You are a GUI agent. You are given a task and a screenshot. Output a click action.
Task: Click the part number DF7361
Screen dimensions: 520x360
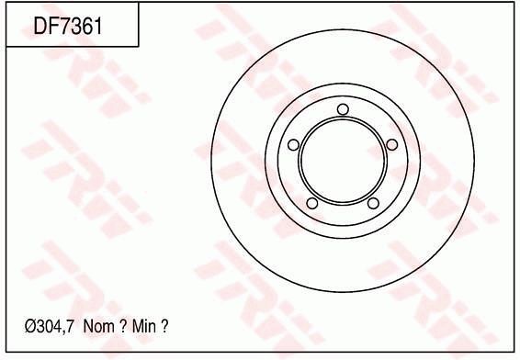click(x=68, y=26)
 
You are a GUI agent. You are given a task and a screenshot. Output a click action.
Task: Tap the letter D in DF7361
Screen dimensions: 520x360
click(x=40, y=26)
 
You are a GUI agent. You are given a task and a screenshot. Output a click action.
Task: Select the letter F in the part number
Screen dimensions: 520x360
click(x=53, y=26)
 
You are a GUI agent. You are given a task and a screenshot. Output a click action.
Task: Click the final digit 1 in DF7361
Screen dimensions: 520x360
click(x=98, y=26)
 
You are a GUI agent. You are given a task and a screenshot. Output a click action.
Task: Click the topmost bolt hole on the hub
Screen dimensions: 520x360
click(x=343, y=109)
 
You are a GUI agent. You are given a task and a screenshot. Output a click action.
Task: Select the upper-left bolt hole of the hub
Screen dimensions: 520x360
click(x=293, y=145)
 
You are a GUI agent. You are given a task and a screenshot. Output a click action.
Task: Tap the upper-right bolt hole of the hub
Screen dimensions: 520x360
click(x=392, y=144)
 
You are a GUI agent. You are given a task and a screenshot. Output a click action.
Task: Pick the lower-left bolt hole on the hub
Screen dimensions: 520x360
click(x=312, y=203)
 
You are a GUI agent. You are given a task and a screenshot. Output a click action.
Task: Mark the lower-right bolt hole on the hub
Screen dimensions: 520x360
click(x=374, y=203)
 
